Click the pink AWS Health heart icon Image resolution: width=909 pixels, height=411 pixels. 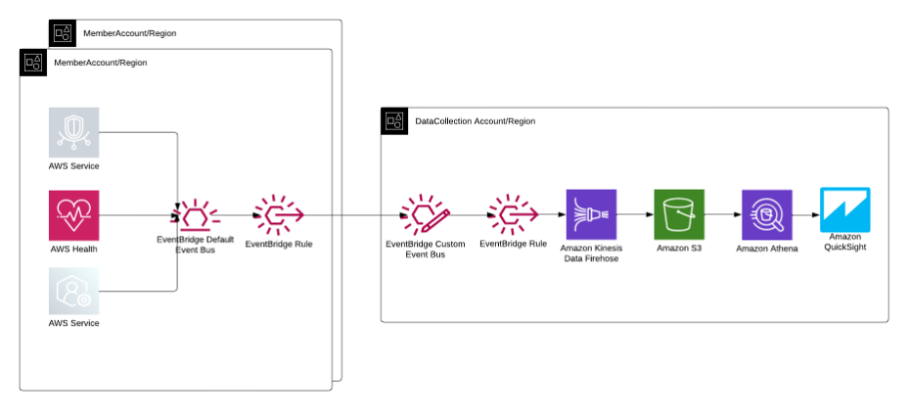pyautogui.click(x=74, y=214)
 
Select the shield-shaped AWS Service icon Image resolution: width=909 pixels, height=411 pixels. pyautogui.click(x=74, y=132)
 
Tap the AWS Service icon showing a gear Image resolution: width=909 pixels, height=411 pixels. pyautogui.click(x=74, y=291)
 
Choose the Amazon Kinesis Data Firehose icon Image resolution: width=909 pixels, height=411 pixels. pyautogui.click(x=591, y=214)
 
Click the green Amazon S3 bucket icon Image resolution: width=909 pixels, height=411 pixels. pyautogui.click(x=679, y=214)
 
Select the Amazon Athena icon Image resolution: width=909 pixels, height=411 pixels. pyautogui.click(x=766, y=214)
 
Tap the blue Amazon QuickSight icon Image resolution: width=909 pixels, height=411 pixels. pyautogui.click(x=845, y=209)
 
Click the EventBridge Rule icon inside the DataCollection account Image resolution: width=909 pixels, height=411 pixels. pyautogui.click(x=513, y=213)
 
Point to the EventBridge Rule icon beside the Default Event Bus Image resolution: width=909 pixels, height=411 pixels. pyautogui.click(x=278, y=213)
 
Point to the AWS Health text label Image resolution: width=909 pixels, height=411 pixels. pyautogui.click(x=74, y=249)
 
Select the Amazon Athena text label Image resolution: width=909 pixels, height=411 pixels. pyautogui.click(x=767, y=250)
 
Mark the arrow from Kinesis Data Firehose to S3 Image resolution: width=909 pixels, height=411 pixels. pyautogui.click(x=635, y=214)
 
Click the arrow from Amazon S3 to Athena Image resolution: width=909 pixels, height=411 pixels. pyautogui.click(x=723, y=214)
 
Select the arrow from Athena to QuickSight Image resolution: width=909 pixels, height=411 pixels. pyautogui.click(x=805, y=214)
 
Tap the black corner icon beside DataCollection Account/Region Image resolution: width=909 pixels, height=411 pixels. pyautogui.click(x=393, y=121)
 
